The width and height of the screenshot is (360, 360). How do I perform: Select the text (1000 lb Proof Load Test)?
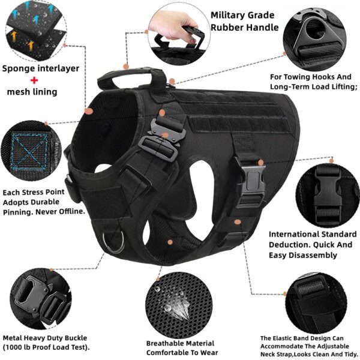coord(46,347)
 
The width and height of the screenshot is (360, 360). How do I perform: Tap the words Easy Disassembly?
coord(303,255)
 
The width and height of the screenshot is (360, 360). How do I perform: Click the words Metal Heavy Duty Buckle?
coord(44,338)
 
